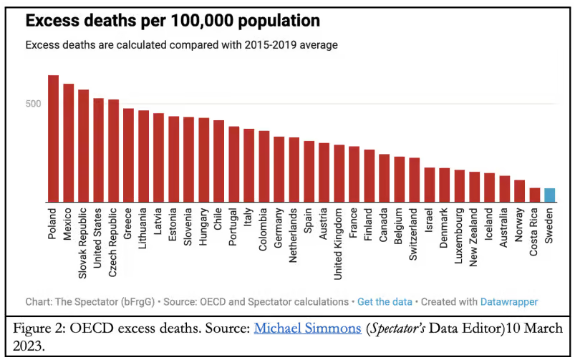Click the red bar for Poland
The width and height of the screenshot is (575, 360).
[53, 139]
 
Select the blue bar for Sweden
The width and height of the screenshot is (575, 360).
[549, 195]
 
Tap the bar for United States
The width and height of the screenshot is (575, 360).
[98, 150]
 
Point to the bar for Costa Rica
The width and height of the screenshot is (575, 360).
[534, 195]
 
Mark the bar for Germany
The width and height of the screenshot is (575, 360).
[279, 170]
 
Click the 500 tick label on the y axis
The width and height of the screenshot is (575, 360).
[34, 103]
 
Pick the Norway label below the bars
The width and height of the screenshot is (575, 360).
[519, 225]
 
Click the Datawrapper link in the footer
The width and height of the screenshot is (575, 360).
[509, 302]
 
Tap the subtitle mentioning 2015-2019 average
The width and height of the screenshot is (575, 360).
[181, 44]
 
